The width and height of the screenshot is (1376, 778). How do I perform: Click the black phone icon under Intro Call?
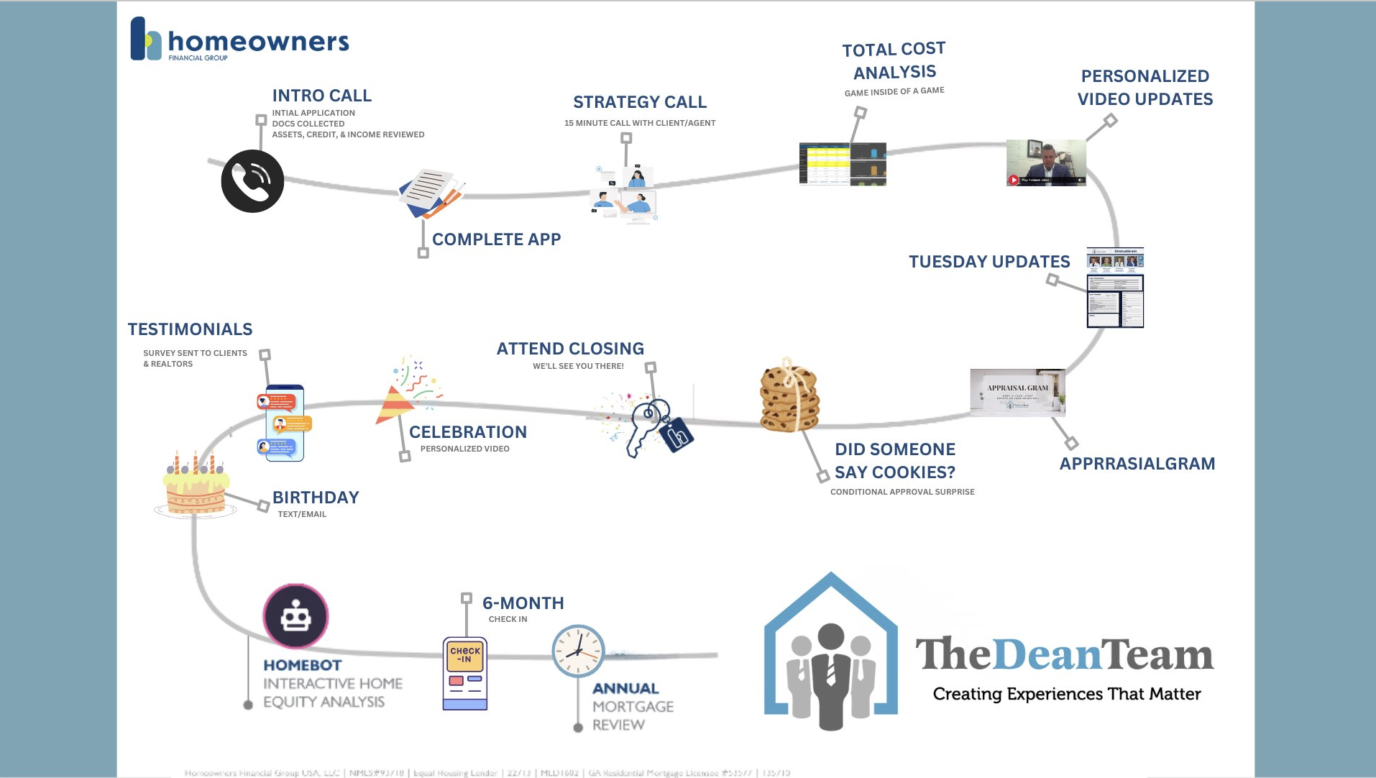pos(252,181)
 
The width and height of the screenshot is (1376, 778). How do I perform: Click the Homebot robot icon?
pos(295,617)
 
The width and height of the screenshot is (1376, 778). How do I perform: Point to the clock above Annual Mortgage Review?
pos(578,651)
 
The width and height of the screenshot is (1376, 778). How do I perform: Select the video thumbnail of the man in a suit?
pos(1046,163)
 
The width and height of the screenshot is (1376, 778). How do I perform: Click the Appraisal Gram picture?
pos(1017,393)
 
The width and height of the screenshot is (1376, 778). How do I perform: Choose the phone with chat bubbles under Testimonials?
pos(285,424)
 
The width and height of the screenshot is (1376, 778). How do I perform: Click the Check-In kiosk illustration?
pos(465,673)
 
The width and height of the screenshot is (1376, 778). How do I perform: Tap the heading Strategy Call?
pos(640,102)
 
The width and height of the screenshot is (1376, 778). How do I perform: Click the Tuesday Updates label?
pos(989,262)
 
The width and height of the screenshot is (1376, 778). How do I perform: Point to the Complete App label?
pos(496,239)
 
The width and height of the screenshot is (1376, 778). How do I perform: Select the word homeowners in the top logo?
pos(258,42)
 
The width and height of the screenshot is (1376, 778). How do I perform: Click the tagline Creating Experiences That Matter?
pos(1067,694)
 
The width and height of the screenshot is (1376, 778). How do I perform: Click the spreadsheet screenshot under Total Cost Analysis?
pos(843,164)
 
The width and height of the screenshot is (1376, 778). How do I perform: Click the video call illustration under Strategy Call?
pos(625,195)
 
